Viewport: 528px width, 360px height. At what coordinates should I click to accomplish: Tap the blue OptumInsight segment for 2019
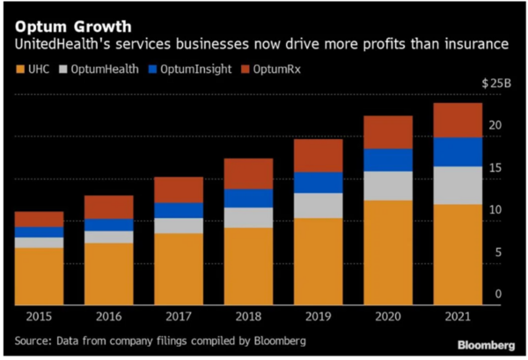tap(319, 182)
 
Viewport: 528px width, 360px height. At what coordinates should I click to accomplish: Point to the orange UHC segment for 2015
tap(39, 276)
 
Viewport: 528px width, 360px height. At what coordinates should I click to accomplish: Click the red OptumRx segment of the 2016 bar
tap(108, 207)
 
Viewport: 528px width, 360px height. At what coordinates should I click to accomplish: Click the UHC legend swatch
tap(19, 67)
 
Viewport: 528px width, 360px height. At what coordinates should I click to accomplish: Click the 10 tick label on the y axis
tap(496, 209)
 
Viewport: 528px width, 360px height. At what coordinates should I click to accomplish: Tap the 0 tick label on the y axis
tap(500, 295)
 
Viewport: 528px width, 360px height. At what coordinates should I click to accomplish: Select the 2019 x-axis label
tap(318, 316)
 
